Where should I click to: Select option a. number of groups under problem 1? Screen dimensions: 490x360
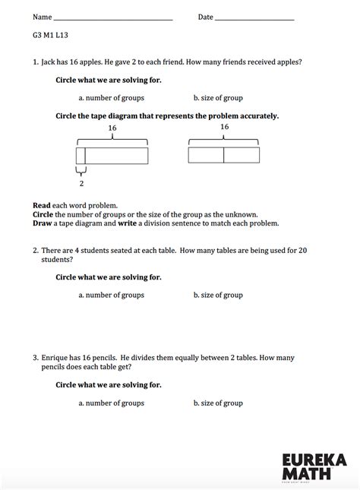pos(111,98)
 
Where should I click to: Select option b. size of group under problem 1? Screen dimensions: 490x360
pos(218,98)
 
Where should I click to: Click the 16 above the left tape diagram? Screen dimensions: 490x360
pos(112,128)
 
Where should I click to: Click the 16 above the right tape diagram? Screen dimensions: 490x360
pos(224,127)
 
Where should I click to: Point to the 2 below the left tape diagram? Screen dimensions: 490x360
pos(81,183)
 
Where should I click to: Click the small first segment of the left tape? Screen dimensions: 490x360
pos(81,156)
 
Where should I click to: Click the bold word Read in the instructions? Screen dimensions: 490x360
pos(41,205)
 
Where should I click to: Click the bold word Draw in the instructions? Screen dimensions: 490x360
pos(42,223)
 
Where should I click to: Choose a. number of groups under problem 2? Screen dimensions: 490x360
pos(111,295)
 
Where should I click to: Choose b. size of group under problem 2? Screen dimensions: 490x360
pos(218,295)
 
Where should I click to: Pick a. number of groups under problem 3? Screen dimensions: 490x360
pos(111,403)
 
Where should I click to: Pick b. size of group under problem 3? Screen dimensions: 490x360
pos(218,403)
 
